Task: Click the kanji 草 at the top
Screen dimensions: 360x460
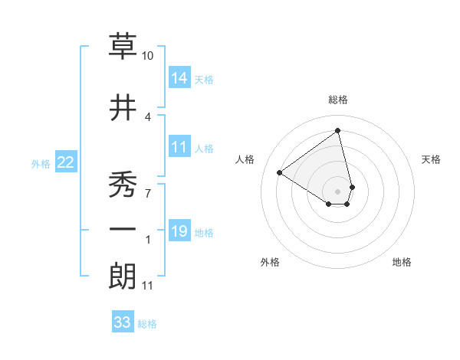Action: [x=123, y=48]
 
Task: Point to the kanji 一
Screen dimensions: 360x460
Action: [x=123, y=229]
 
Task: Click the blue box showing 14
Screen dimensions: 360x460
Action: [x=179, y=78]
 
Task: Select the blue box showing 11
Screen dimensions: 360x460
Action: [x=179, y=148]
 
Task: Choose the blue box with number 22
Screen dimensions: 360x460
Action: [x=66, y=162]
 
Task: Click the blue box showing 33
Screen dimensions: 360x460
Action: [x=123, y=322]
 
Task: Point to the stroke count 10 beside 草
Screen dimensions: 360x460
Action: [x=148, y=56]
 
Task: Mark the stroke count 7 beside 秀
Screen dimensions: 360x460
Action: [x=148, y=191]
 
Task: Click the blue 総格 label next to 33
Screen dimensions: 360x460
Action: [x=147, y=324]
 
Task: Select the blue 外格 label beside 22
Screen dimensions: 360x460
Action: [x=41, y=163]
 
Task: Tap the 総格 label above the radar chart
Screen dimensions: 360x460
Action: [x=338, y=100]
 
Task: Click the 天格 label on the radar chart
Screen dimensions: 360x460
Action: [x=431, y=159]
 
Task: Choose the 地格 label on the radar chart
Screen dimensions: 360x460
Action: [x=402, y=262]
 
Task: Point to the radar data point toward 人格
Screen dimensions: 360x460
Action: [x=280, y=172]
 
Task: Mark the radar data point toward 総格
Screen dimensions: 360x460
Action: [x=338, y=131]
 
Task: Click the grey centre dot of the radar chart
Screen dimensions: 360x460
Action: [x=338, y=191]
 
